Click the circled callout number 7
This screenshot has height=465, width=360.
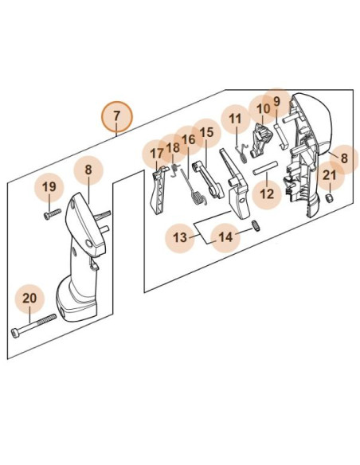(x=116, y=115)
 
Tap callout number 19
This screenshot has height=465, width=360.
(x=49, y=187)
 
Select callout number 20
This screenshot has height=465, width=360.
(x=29, y=299)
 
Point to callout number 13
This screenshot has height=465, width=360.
(x=180, y=237)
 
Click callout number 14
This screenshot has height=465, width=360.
(x=225, y=237)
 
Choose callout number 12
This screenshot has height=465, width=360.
(x=267, y=194)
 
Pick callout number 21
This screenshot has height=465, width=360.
(x=330, y=175)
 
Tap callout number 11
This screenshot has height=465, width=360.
(x=236, y=119)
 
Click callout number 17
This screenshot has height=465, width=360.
(x=157, y=154)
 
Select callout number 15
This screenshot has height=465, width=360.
(x=207, y=132)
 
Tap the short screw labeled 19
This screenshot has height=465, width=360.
(x=53, y=214)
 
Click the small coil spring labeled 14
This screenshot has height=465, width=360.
(x=256, y=226)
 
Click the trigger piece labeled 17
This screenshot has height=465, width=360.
(x=158, y=190)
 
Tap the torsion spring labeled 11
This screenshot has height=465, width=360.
(x=242, y=153)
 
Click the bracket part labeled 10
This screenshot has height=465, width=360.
(x=261, y=140)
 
